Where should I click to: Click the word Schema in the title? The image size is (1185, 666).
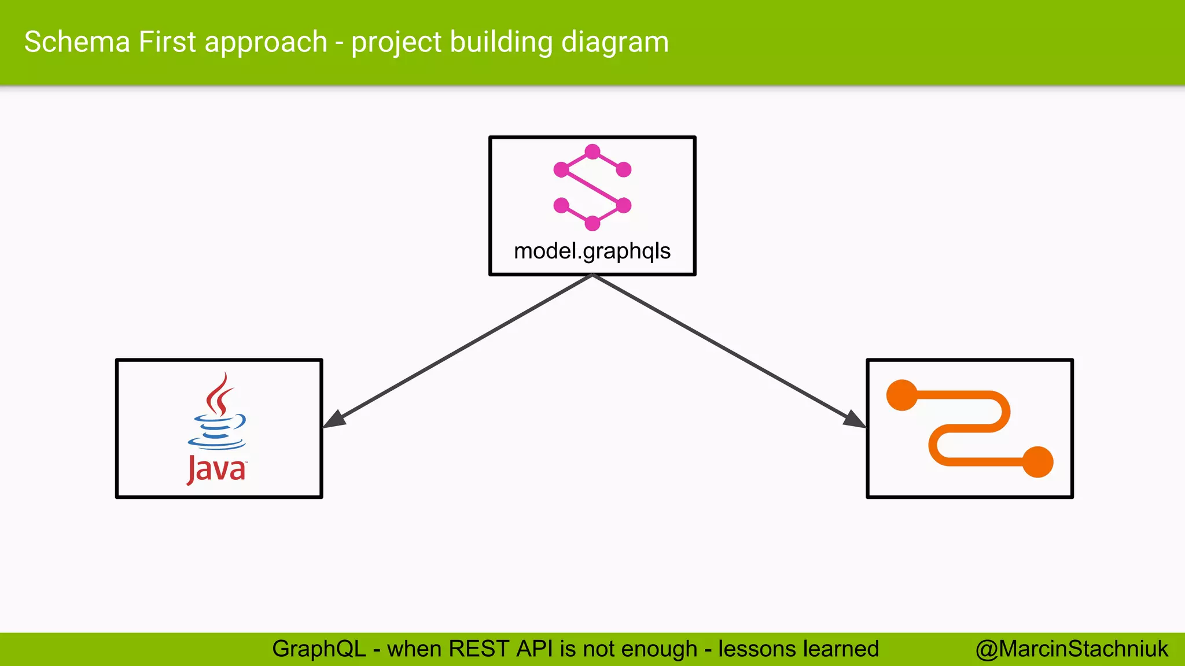coord(77,42)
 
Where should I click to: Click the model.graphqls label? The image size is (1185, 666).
coord(592,251)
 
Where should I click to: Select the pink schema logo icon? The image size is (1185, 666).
coord(592,187)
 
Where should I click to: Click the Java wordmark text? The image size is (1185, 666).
coord(216,469)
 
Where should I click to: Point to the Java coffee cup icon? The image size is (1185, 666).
coord(217,431)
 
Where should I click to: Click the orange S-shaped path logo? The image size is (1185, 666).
coord(970,428)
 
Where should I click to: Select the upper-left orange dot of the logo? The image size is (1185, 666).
coord(902,395)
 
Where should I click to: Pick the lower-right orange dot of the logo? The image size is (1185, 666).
coord(1037,462)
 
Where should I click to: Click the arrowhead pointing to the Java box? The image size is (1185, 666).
coord(334,420)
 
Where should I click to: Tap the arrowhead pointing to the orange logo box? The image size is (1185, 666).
coord(855,420)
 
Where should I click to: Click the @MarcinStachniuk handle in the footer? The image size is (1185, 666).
coord(1072,649)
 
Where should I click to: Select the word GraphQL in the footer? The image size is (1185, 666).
coord(319,649)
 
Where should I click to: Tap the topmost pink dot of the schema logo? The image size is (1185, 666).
coord(592,152)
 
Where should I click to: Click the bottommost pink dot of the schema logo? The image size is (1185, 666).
coord(592,223)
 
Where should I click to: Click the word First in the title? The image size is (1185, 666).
coord(167,42)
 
